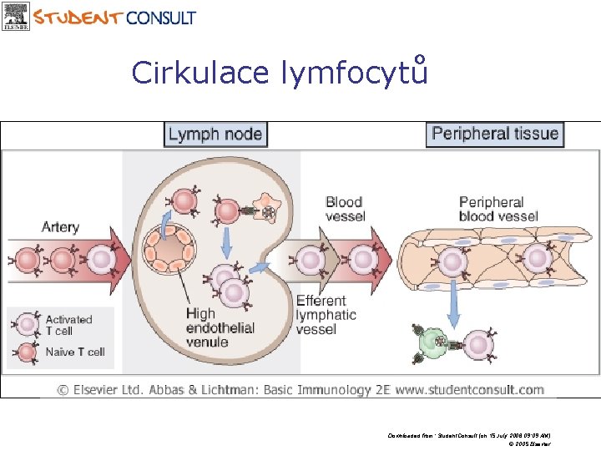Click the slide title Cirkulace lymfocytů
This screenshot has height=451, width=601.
point(280,73)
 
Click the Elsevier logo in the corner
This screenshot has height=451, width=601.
point(16,16)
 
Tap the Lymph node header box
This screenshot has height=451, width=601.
point(215,134)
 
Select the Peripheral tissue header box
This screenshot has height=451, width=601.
point(495,134)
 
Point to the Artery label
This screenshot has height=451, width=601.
point(61,226)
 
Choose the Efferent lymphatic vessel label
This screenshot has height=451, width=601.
point(326,315)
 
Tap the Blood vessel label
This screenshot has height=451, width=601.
point(345,209)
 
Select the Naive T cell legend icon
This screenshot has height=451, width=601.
point(28,352)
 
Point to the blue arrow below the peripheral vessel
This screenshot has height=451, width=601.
point(452,302)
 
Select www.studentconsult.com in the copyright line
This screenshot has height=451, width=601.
point(470,389)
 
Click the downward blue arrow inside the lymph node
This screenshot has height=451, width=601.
point(226,243)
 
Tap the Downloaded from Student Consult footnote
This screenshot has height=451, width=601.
point(468,436)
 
